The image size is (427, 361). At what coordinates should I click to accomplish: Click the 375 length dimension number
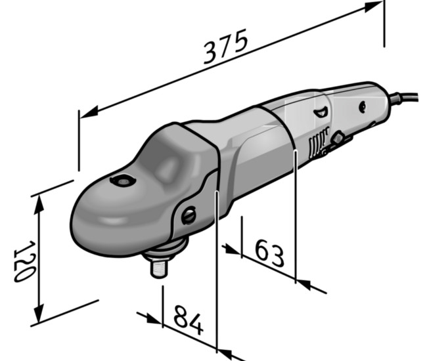(x=225, y=46)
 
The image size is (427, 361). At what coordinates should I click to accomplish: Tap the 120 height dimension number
(x=24, y=261)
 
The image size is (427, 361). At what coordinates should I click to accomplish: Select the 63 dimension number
(x=269, y=253)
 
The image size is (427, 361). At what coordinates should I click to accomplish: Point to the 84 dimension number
(x=188, y=320)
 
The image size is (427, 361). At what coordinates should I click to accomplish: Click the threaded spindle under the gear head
(x=159, y=268)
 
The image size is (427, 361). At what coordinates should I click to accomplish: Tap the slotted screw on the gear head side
(x=189, y=215)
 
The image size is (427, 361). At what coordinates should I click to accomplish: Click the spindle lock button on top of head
(x=123, y=181)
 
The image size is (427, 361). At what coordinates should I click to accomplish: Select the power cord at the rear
(x=404, y=97)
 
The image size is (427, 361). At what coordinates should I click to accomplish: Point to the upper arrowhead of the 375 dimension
(x=374, y=7)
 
